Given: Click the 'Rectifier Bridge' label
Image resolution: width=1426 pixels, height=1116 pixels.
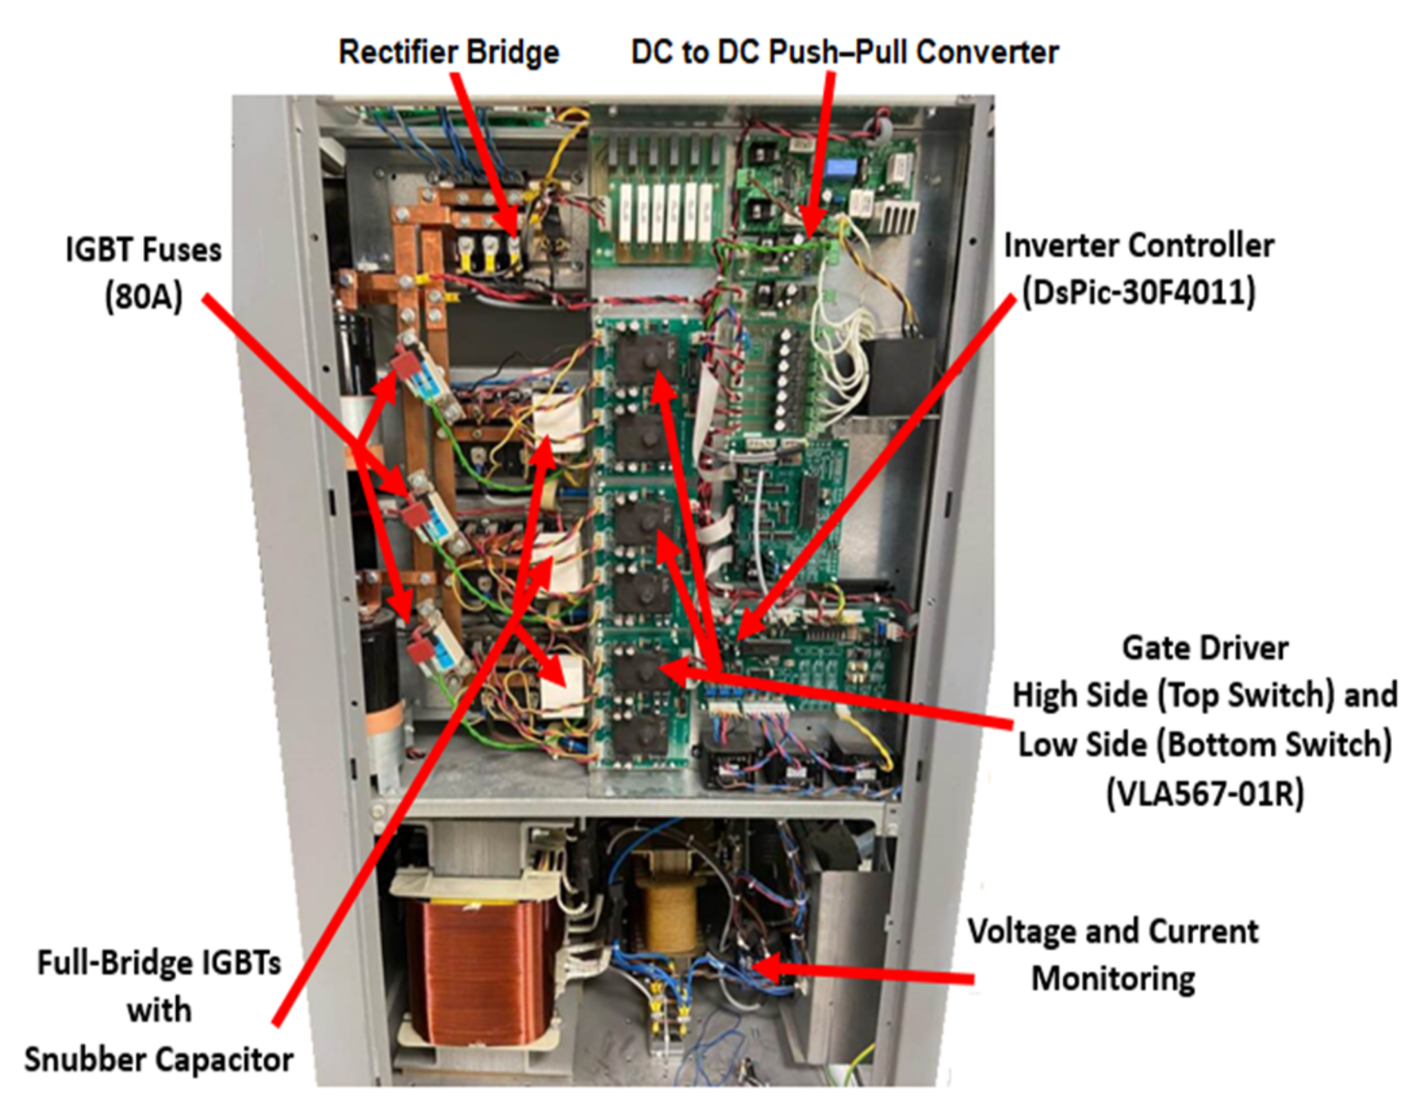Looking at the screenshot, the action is (x=449, y=52).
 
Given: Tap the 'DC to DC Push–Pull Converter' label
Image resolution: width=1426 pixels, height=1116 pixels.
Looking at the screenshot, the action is (x=845, y=52).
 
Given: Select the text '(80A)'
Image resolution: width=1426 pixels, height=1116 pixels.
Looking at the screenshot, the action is (x=144, y=297).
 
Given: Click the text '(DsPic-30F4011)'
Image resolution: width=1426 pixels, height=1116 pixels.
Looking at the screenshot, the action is (x=1139, y=292).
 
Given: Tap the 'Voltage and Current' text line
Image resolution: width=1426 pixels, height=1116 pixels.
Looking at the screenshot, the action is (x=1113, y=931).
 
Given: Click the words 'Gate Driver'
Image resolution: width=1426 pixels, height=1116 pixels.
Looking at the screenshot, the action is (x=1205, y=648).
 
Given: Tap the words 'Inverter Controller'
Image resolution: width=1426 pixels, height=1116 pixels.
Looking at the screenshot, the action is (x=1139, y=245).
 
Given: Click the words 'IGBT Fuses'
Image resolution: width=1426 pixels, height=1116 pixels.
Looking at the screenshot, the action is (x=144, y=249).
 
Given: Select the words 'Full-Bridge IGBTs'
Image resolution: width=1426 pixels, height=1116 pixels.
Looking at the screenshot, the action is (x=159, y=962).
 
